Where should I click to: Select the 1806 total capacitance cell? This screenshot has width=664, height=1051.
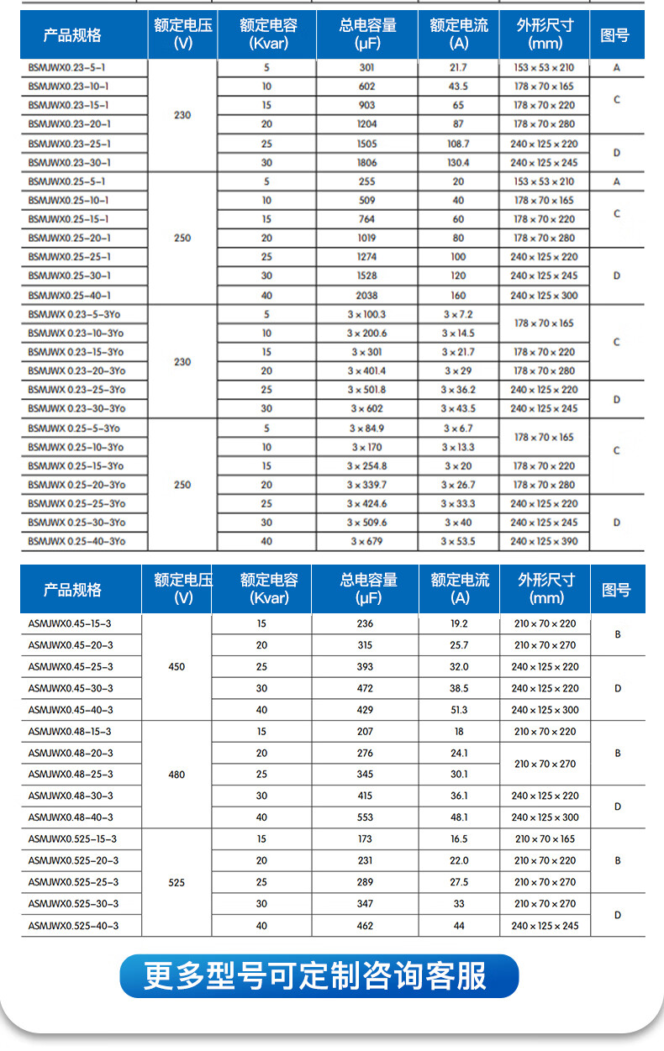coord(366,162)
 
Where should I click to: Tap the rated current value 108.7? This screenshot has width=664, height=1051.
coord(458,144)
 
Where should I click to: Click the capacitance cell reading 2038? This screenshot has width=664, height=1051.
coord(366,295)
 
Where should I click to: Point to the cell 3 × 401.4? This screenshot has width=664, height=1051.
coord(366,370)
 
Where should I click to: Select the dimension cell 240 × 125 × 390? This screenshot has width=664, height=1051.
coord(544,541)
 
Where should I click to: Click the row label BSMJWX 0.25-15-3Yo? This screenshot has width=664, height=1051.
coord(76,465)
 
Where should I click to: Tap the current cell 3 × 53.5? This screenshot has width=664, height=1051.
coord(458,541)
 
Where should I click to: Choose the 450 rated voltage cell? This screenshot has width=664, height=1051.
coord(177,667)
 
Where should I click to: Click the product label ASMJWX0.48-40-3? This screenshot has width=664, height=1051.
coord(71,817)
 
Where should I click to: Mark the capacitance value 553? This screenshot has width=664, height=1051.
coord(365,817)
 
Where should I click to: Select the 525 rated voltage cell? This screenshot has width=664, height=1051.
coord(177,882)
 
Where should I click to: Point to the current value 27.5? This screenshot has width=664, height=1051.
coord(459,882)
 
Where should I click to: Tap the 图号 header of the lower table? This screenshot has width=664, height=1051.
coord(616,590)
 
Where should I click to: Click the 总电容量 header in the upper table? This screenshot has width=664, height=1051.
coord(366,34)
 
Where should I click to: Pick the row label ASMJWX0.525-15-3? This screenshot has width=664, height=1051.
coord(72,838)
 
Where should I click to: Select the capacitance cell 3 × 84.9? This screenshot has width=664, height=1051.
coord(366,428)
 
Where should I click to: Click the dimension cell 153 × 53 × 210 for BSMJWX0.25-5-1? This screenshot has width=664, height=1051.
coord(544,181)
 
